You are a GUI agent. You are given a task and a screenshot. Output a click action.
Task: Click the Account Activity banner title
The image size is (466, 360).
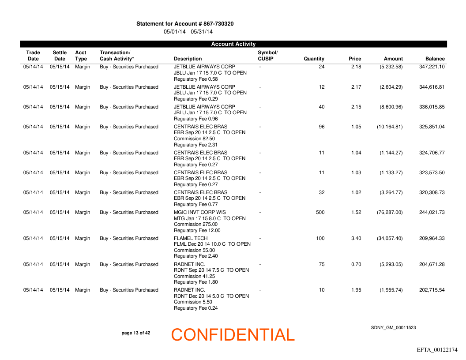point(233,44)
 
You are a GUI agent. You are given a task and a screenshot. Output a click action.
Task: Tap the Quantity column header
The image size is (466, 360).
point(314,59)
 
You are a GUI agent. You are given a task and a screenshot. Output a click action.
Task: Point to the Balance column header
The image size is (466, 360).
point(435,59)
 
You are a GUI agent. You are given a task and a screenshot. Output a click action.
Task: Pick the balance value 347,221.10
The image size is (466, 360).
point(432,67)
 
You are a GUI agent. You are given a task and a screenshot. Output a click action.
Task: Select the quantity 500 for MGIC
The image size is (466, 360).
point(320,213)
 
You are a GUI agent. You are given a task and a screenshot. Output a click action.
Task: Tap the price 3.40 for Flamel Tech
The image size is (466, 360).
point(356,239)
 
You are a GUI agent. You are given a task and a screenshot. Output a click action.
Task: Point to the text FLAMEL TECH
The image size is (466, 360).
point(191,239)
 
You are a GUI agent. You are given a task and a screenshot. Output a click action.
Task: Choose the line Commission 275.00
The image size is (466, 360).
point(195,225)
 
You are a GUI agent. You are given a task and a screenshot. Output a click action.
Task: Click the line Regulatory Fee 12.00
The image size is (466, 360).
point(197,230)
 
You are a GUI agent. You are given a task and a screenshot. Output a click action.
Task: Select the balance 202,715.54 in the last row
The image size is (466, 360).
point(432,290)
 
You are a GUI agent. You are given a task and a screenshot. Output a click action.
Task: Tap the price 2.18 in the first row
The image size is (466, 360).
point(356,67)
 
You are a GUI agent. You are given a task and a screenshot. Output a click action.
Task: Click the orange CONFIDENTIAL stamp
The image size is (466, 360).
point(233,335)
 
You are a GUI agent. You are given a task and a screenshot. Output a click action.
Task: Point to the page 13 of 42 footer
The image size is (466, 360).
point(135,333)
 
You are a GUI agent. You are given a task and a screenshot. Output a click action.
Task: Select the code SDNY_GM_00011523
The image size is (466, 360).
point(393,328)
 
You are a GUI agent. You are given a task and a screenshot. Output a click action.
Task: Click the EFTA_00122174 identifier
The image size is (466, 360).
point(437,350)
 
